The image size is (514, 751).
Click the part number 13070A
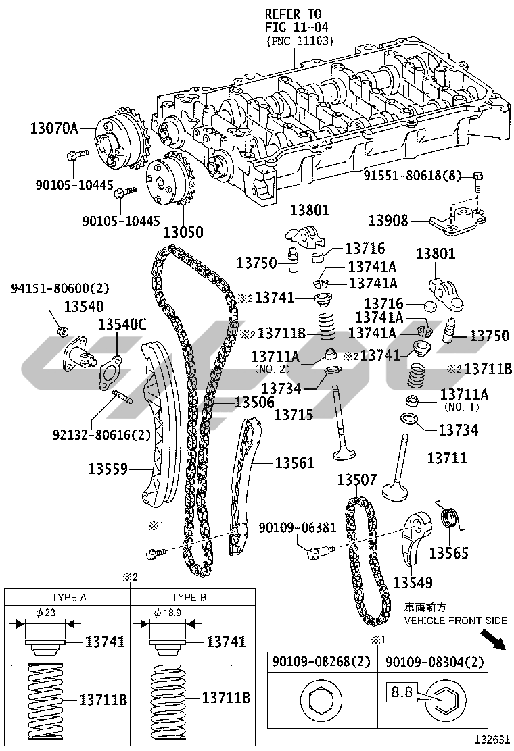[54, 126]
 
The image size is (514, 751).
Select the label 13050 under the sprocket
[183, 232]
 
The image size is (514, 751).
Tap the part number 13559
[108, 467]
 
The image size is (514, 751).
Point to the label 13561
[294, 463]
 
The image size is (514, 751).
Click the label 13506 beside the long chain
[254, 403]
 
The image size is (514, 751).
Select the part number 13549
[413, 581]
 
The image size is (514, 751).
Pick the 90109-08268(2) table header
[321, 663]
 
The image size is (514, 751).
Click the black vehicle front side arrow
[496, 641]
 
